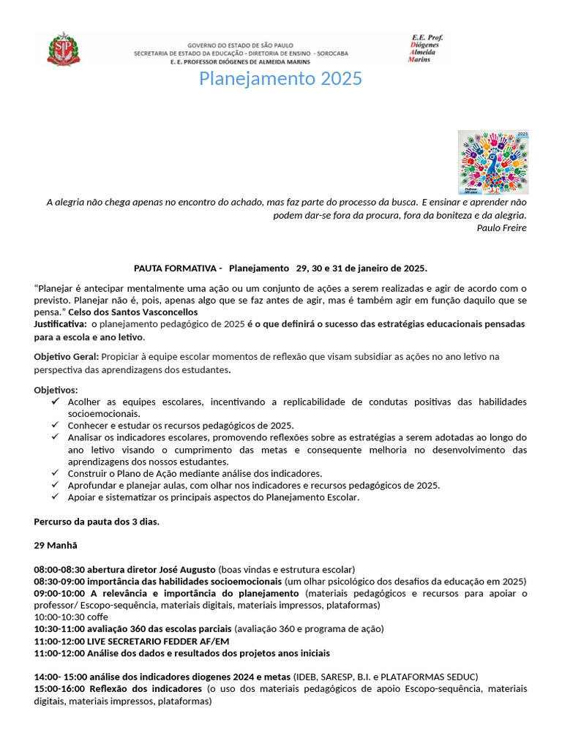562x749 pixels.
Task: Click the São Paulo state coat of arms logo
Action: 64,49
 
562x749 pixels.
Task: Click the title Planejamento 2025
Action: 280,78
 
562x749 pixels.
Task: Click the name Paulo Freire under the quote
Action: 501,227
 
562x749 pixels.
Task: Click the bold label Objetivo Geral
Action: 67,356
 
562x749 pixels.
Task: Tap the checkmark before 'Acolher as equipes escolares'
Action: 56,402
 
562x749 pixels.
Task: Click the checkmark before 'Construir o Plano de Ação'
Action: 56,473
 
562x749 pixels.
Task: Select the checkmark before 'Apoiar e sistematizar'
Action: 56,497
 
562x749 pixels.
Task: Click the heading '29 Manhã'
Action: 56,546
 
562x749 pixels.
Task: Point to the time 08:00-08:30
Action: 59,569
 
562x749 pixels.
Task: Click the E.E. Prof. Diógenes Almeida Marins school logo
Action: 427,48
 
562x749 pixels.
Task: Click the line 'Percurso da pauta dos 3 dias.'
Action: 97,522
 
